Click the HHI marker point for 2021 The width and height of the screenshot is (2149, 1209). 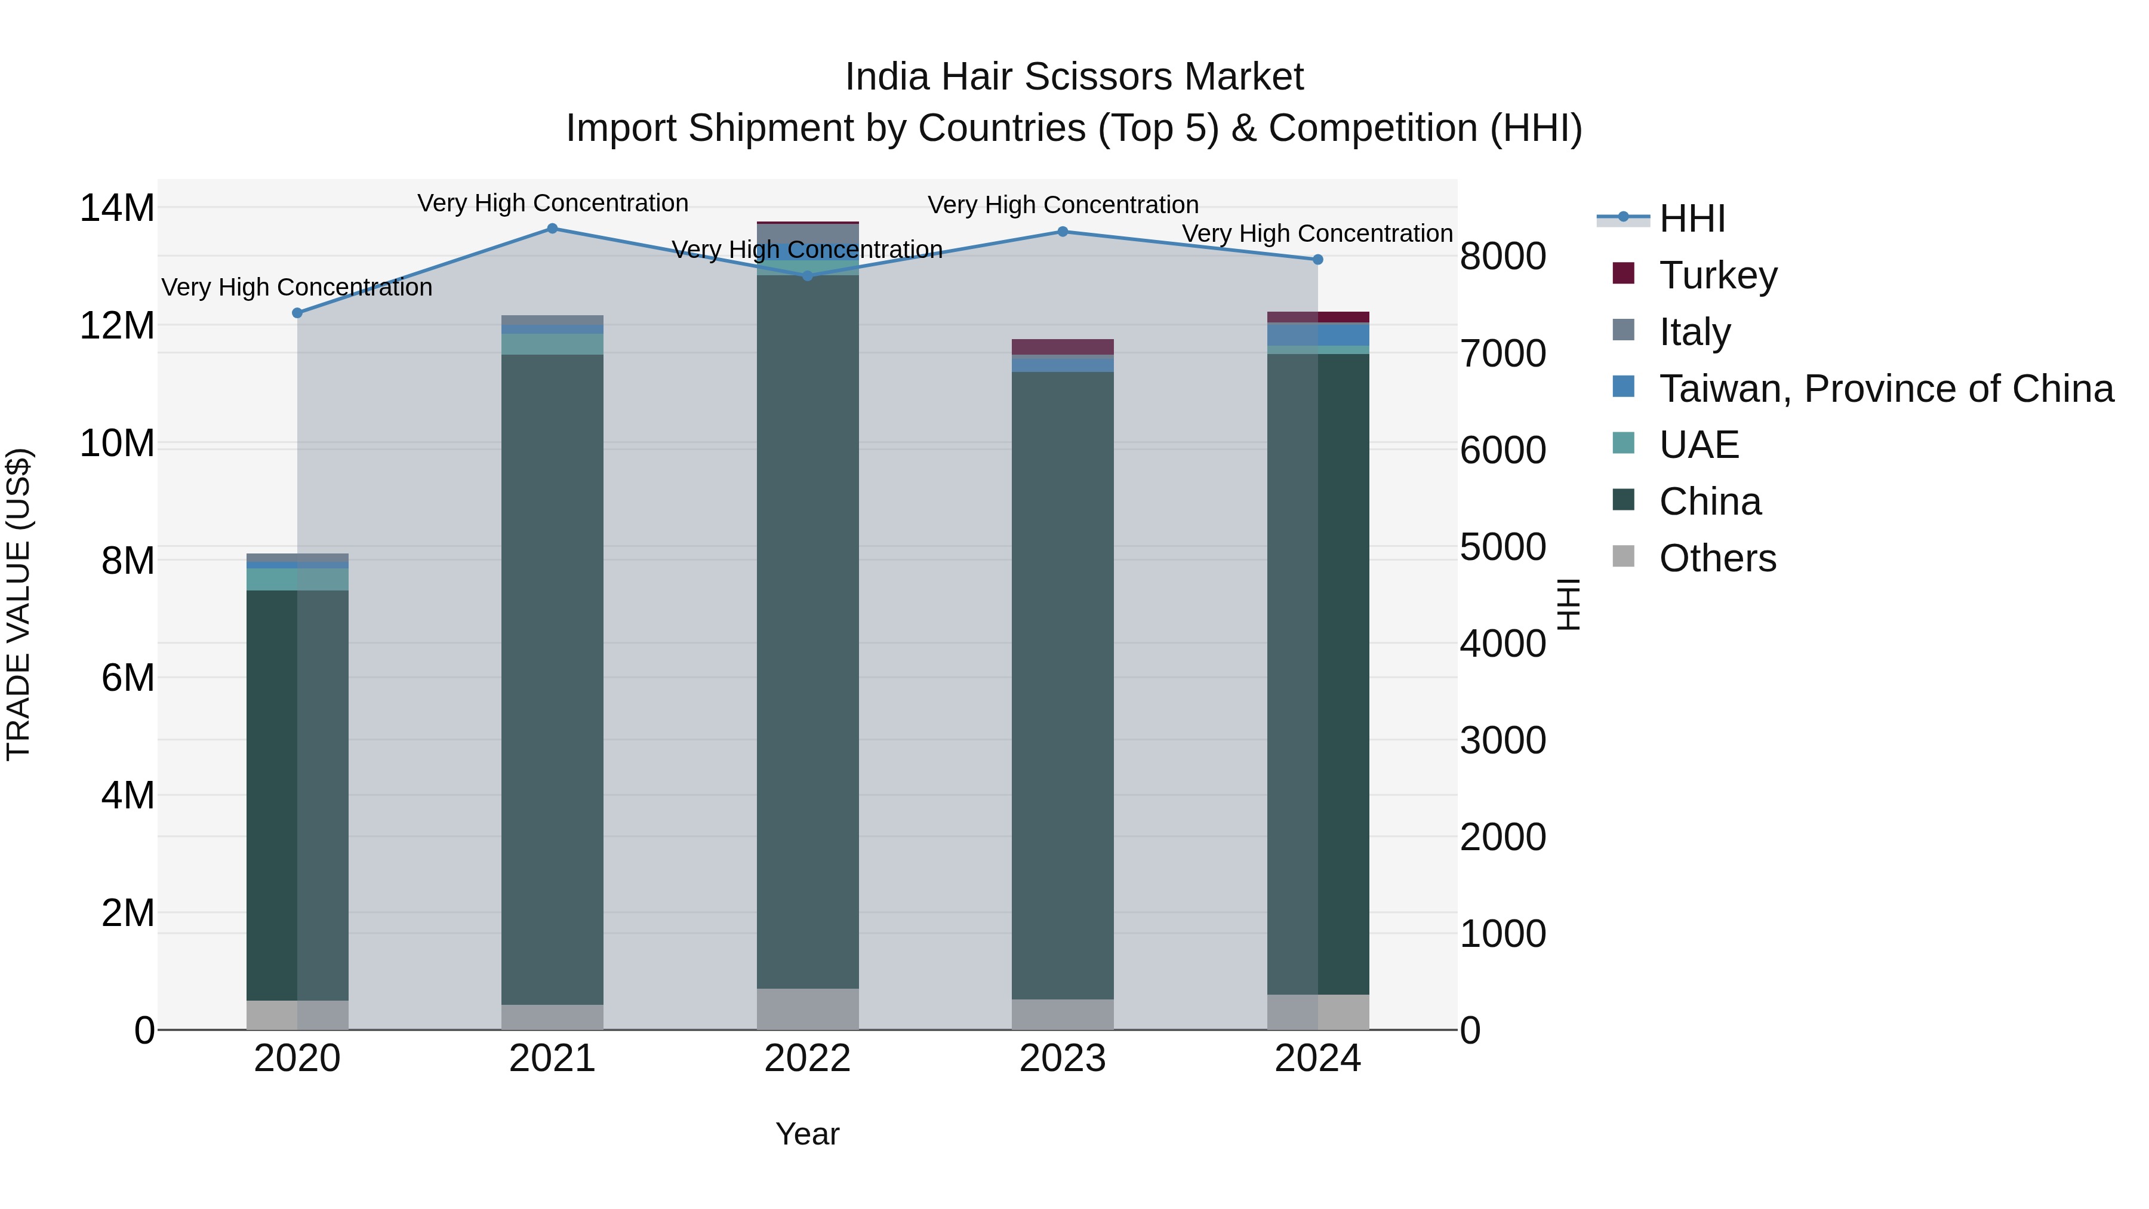[552, 229]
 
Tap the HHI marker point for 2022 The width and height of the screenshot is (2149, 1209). [808, 275]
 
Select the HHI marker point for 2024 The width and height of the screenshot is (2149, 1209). [1318, 260]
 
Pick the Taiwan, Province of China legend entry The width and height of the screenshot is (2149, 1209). [1885, 389]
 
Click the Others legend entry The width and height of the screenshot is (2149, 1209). [1717, 558]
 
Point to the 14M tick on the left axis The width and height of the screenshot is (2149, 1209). [117, 208]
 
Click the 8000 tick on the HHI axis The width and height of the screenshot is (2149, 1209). [1503, 256]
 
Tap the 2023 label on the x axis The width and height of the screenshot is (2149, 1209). [1062, 1059]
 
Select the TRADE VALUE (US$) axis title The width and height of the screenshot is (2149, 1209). [19, 604]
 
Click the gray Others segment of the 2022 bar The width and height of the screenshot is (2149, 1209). [808, 1009]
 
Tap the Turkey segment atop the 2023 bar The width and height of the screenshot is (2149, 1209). [1062, 346]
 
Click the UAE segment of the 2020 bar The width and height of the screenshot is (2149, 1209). [297, 579]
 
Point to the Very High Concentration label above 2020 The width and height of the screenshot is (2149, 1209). [297, 287]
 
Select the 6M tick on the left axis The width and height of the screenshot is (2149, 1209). [128, 678]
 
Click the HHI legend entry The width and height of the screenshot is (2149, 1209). [1691, 219]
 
